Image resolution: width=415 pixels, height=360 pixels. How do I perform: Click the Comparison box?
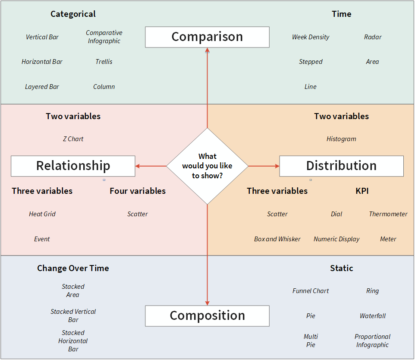(207, 37)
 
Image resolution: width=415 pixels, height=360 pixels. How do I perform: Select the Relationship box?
(73, 166)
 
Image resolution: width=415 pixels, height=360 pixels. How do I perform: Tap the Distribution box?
(341, 166)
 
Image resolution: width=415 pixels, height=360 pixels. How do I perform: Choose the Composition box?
(207, 316)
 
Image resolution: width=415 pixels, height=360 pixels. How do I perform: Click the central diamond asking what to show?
(207, 166)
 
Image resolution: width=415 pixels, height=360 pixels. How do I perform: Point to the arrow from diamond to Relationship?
(151, 166)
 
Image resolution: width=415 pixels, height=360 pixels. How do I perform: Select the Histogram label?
(341, 139)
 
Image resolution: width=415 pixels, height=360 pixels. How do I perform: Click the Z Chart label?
(73, 139)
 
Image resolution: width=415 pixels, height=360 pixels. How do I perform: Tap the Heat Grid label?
(42, 214)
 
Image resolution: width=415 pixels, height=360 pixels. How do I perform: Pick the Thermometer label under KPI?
(388, 214)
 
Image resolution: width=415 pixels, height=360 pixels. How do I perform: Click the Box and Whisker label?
(277, 239)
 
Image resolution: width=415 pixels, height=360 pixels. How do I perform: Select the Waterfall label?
(372, 316)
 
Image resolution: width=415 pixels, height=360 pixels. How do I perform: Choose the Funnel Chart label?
(311, 291)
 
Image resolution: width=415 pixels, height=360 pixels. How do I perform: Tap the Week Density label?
(311, 37)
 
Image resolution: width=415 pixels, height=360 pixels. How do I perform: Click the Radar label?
(372, 37)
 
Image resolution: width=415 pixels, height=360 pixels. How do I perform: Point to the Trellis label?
(104, 62)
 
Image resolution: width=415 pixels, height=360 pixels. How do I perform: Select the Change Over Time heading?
(73, 268)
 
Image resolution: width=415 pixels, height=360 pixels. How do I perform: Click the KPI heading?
(362, 191)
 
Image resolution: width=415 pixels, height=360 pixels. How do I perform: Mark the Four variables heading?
(138, 191)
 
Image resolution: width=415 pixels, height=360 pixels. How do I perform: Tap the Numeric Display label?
(336, 239)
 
